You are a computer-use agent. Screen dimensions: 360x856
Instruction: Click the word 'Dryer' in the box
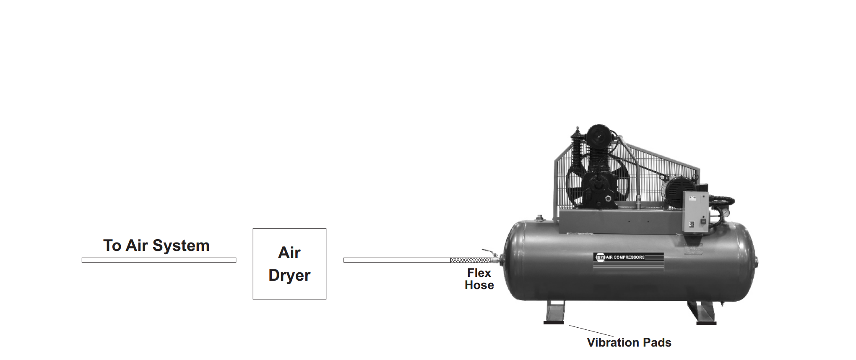[x=289, y=276]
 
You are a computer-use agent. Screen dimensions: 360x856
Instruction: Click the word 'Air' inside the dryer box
[x=289, y=253]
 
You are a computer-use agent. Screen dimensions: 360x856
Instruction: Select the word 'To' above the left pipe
[x=112, y=246]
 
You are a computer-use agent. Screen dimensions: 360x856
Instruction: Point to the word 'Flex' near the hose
[x=479, y=273]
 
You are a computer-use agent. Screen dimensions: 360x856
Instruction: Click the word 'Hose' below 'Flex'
[x=479, y=285]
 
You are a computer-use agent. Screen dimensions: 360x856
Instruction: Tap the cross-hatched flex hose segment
[x=470, y=260]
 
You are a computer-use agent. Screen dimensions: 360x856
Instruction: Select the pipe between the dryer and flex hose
[x=396, y=260]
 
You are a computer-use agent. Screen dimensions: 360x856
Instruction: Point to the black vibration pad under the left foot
[x=554, y=323]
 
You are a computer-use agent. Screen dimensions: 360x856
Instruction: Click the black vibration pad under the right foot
[x=706, y=323]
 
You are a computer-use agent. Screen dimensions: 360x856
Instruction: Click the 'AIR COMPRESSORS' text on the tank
[x=625, y=257]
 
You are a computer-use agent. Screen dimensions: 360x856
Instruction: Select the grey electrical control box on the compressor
[x=695, y=211]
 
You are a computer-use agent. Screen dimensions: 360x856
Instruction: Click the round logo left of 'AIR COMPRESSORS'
[x=599, y=257]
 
